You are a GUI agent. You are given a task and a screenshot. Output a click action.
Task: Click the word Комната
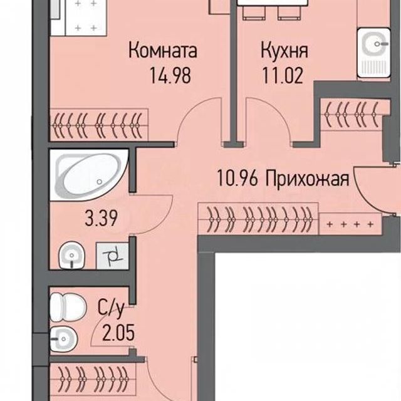(163, 51)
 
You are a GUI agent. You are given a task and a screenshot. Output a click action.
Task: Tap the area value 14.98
(170, 75)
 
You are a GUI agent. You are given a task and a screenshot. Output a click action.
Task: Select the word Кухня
(284, 51)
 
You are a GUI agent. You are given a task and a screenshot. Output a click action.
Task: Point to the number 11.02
(283, 75)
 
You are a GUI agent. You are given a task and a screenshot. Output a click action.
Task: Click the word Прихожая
(307, 179)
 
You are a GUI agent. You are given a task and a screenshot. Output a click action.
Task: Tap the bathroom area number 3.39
(102, 218)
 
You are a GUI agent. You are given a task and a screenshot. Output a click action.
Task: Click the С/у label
(111, 308)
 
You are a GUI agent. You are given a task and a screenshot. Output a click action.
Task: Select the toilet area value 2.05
(118, 333)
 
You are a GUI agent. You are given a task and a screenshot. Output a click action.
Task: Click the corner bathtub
(89, 175)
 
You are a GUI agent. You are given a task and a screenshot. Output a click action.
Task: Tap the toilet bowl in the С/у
(68, 307)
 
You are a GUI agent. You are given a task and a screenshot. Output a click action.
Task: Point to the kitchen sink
(374, 53)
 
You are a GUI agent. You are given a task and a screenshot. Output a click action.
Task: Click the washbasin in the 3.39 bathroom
(72, 255)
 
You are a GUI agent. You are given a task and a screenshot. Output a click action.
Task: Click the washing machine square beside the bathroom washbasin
(112, 256)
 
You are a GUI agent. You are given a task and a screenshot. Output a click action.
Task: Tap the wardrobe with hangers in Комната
(99, 125)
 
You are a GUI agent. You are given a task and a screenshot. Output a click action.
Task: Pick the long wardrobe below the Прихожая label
(259, 219)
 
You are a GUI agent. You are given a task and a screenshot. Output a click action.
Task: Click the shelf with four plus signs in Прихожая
(350, 224)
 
